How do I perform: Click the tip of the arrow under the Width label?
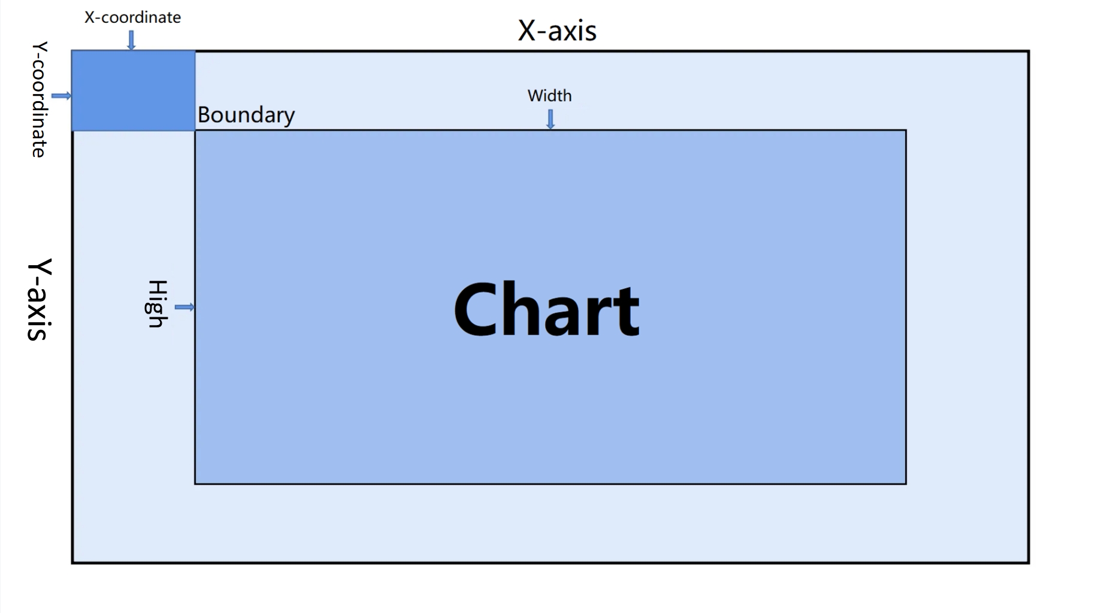point(550,129)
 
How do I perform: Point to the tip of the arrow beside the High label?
point(195,307)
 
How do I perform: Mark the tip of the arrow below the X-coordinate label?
point(131,50)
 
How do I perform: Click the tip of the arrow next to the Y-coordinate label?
point(71,96)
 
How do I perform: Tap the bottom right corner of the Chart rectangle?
point(906,483)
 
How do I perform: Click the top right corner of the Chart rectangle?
point(906,131)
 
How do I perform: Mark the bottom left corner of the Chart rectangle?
point(195,483)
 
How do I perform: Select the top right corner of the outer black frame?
point(1029,51)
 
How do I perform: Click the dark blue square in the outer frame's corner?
point(134,91)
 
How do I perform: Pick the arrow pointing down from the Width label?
point(550,119)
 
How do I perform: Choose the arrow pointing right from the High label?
point(184,307)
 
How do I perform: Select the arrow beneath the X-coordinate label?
point(131,41)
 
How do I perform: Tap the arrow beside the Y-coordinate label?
point(61,96)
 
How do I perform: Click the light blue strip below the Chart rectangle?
point(550,523)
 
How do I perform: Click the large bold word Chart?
point(546,310)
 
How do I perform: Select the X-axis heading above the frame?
point(557,31)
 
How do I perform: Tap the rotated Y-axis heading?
point(40,299)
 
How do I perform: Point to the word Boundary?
point(246,114)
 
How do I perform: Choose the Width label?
point(549,96)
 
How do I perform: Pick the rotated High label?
point(157,304)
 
